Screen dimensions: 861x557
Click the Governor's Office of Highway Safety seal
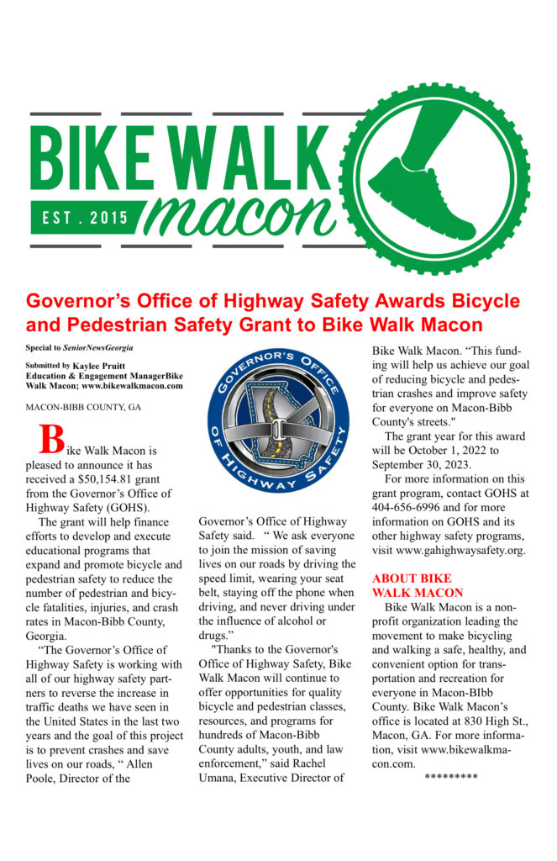(x=277, y=421)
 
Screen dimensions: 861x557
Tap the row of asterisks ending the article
(x=451, y=775)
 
